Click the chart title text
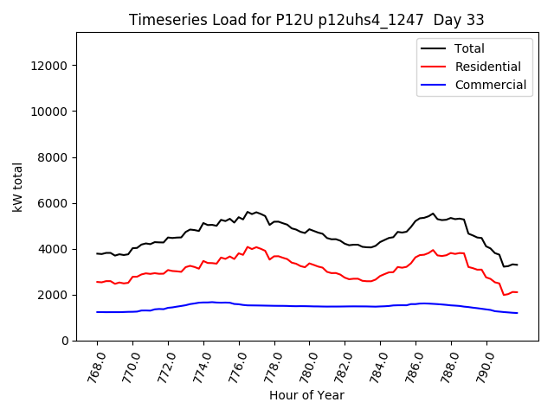(306, 20)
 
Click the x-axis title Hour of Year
(306, 395)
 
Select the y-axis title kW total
(18, 187)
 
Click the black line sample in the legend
(434, 48)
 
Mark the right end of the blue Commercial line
(517, 313)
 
